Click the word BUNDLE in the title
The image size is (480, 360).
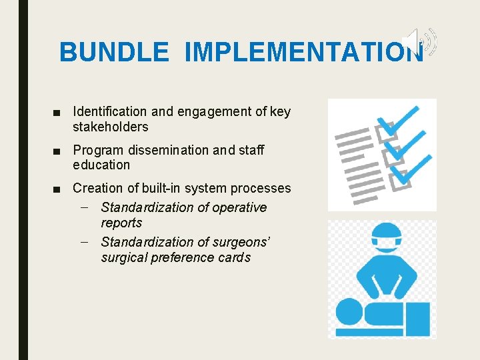tap(114, 52)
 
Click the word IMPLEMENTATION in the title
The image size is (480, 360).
tap(303, 52)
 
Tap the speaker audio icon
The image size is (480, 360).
tap(422, 41)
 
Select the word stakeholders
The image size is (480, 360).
tap(111, 127)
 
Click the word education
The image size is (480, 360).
tap(101, 165)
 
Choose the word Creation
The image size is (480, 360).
tap(98, 189)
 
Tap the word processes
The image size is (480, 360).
tap(261, 189)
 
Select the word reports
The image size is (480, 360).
tap(121, 223)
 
